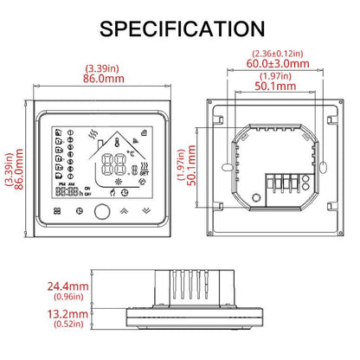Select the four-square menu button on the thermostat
(58, 210)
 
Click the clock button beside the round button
(80, 210)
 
